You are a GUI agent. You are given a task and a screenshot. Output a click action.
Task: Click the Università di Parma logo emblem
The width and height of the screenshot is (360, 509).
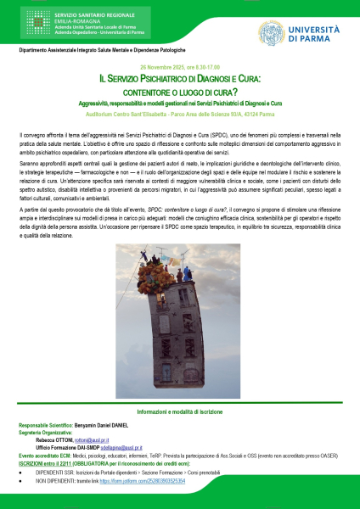click(274, 32)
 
